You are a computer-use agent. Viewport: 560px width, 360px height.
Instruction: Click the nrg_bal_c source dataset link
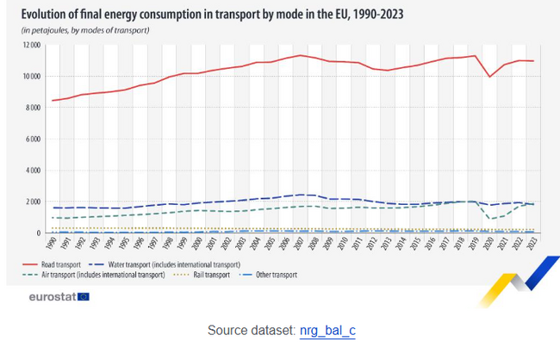point(327,330)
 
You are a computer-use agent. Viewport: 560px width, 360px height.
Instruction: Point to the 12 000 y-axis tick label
point(31,45)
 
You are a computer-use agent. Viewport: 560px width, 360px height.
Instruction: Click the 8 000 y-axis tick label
point(34,108)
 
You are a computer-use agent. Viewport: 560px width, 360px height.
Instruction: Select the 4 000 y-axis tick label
point(34,171)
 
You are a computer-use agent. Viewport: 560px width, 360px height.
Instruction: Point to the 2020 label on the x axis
point(489,244)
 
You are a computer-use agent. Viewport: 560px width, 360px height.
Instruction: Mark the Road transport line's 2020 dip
point(489,77)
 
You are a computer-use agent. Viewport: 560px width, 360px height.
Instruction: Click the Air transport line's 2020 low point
point(489,219)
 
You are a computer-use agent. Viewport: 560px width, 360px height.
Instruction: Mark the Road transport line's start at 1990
point(53,101)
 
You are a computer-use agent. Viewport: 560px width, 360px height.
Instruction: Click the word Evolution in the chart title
point(47,13)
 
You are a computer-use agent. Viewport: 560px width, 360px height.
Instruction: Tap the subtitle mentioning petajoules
point(85,30)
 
